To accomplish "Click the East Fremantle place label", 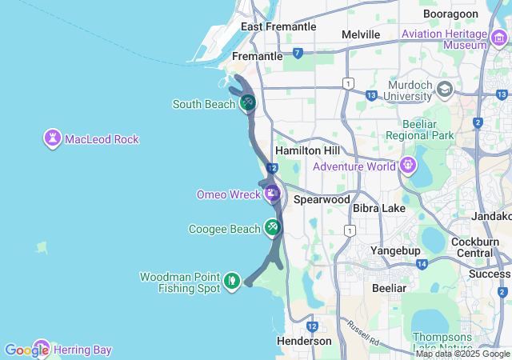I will coord(278,26).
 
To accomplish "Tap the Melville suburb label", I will coord(360,34).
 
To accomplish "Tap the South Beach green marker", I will coord(248,102).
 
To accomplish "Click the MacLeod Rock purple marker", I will coord(53,138).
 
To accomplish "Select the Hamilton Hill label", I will coord(307,151).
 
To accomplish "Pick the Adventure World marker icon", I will coord(408,166).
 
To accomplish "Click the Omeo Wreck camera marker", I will coord(272,193).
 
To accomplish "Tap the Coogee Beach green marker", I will coord(273,228).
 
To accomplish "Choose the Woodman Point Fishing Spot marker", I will coord(231,281).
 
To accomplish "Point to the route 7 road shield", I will coord(298,54).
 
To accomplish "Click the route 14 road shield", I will coord(421,264).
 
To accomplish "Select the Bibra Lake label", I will coord(379,208).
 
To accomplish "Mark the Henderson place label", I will coord(305,341).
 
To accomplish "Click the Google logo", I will coord(26,350).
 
